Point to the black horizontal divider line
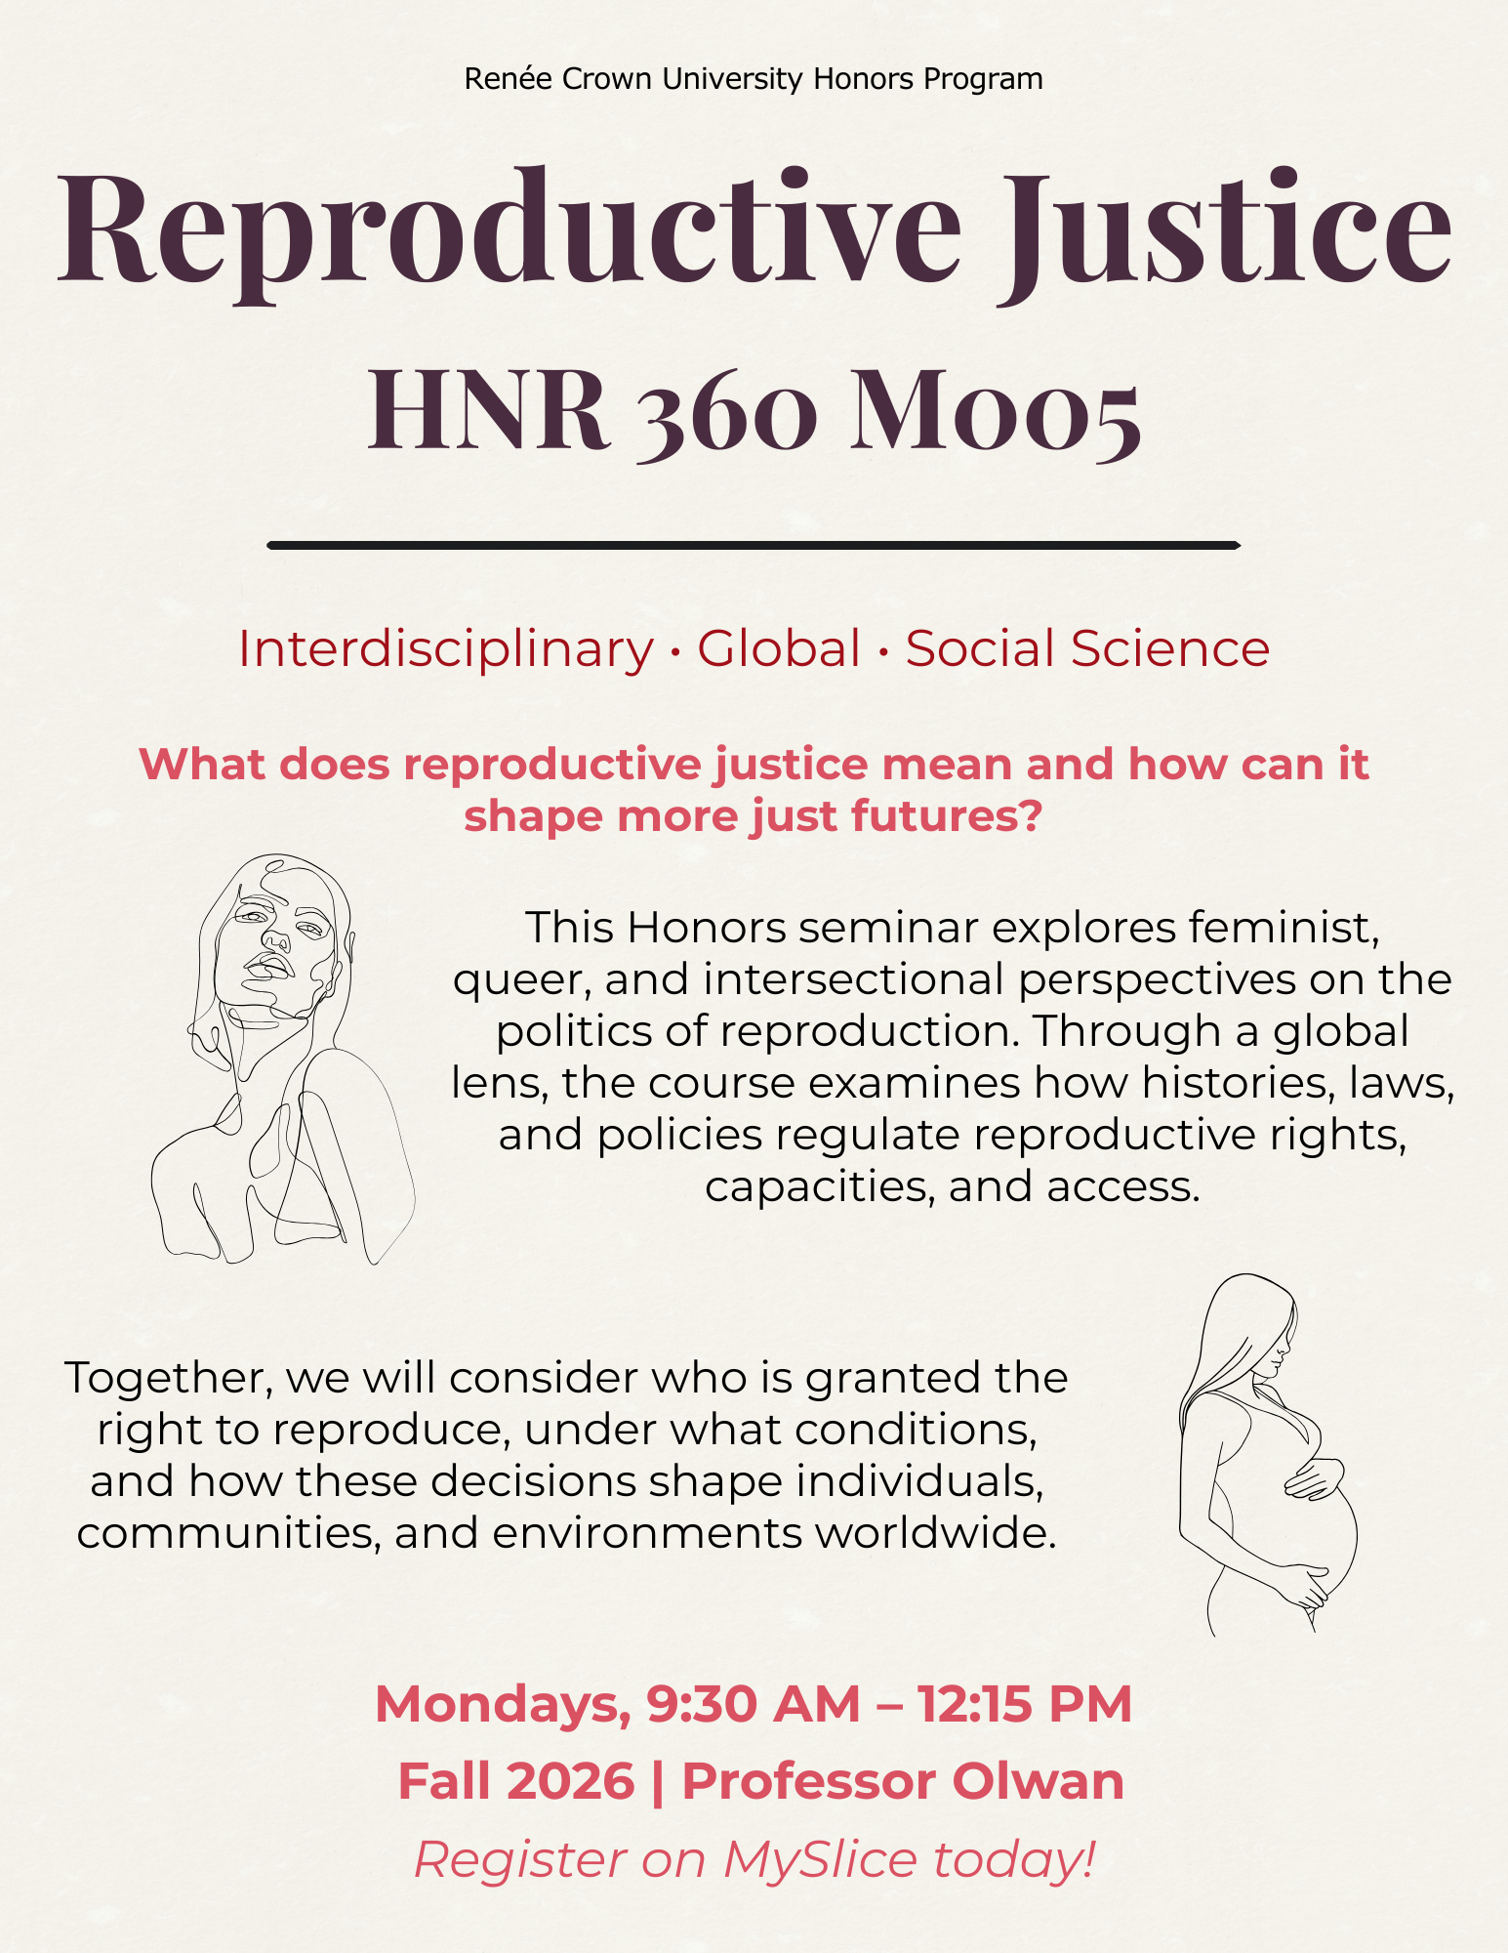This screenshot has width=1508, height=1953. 754,545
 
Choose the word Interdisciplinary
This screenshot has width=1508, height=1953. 446,649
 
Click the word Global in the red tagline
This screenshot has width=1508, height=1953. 779,648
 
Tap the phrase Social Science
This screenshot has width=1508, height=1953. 1087,648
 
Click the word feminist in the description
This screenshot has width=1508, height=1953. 1284,928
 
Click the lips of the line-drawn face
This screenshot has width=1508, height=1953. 269,967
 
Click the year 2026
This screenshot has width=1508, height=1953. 571,1781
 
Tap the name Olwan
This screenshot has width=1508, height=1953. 1039,1781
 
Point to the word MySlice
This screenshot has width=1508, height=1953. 821,1859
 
